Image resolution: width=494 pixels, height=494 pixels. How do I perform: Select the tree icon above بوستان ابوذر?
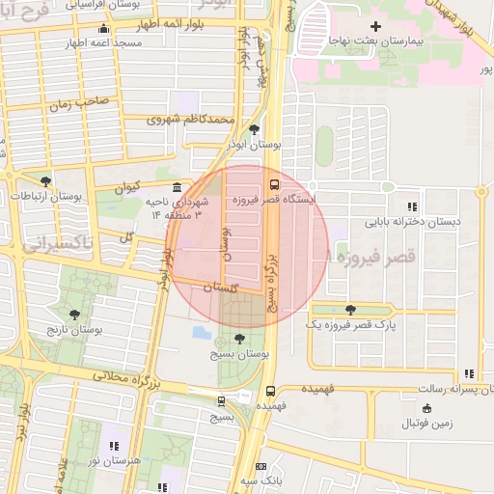(x=254, y=128)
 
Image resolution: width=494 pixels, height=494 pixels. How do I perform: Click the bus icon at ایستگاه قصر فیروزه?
(x=274, y=183)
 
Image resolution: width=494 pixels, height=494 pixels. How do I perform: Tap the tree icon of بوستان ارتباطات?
(x=45, y=181)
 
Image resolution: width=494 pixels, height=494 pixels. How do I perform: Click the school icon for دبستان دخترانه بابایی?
(x=413, y=206)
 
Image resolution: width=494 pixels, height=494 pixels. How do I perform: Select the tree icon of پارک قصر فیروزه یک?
(x=349, y=311)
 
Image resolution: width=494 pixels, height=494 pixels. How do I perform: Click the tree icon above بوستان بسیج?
(x=238, y=340)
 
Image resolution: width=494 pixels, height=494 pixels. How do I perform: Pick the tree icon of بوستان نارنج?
(x=75, y=316)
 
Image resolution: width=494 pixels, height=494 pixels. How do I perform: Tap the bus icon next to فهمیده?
(x=269, y=392)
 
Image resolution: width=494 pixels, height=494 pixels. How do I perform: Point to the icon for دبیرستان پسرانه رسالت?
(x=469, y=374)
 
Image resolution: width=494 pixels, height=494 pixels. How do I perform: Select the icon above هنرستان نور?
(x=114, y=446)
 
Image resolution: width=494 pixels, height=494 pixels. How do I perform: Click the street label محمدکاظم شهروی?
(x=191, y=120)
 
